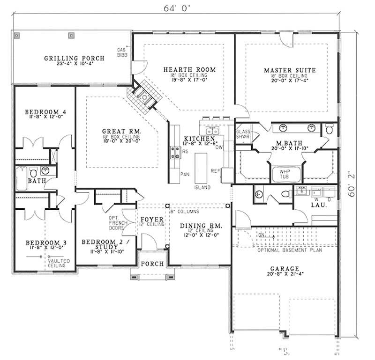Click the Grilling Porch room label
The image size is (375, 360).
74,59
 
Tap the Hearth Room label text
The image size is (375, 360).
189,70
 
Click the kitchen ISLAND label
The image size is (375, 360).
202,187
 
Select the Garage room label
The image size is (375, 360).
285,268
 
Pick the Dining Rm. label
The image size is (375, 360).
202,226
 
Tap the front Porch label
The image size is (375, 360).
152,264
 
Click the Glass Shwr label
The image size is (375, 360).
243,134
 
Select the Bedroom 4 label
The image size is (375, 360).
45,111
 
